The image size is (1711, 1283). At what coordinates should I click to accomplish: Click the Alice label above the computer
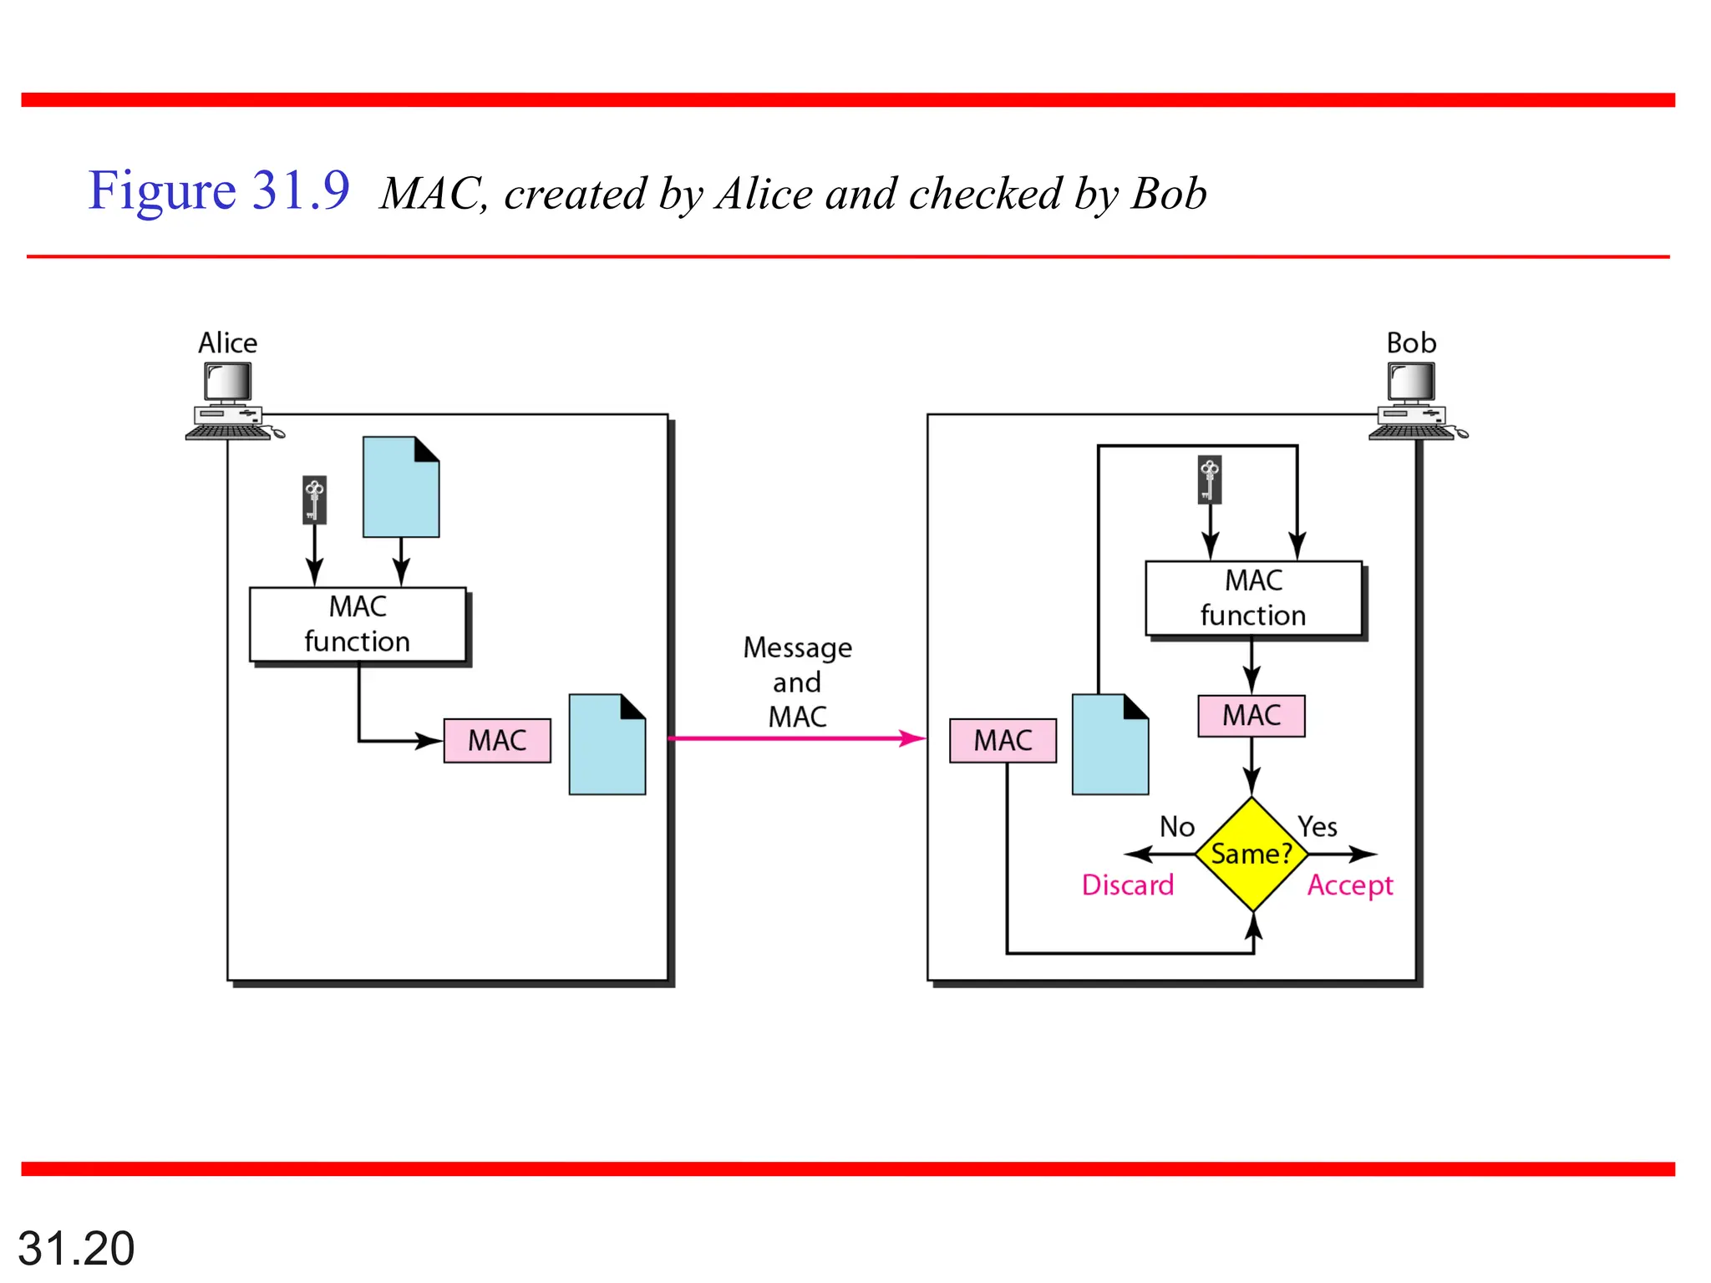pyautogui.click(x=227, y=342)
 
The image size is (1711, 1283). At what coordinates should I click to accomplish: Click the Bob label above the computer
pyautogui.click(x=1411, y=342)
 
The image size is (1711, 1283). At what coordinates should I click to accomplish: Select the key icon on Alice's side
pyautogui.click(x=314, y=500)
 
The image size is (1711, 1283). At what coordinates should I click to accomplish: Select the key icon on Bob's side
pyautogui.click(x=1209, y=479)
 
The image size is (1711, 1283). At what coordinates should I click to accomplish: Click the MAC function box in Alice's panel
pyautogui.click(x=358, y=624)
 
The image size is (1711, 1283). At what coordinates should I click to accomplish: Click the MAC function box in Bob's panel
pyautogui.click(x=1253, y=598)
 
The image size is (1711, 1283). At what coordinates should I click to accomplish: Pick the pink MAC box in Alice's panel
pyautogui.click(x=497, y=740)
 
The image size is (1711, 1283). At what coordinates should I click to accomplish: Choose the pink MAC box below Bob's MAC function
pyautogui.click(x=1251, y=716)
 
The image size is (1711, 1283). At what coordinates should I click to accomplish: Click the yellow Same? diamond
pyautogui.click(x=1252, y=854)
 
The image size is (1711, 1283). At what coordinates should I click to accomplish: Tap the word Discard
pyautogui.click(x=1127, y=885)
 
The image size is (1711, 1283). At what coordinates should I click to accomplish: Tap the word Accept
pyautogui.click(x=1350, y=885)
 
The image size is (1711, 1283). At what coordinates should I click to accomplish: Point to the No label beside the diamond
pyautogui.click(x=1176, y=826)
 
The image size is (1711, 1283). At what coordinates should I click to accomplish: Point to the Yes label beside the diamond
pyautogui.click(x=1318, y=826)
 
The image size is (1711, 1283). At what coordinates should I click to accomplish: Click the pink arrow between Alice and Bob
pyautogui.click(x=794, y=738)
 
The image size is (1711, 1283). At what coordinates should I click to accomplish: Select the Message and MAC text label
pyautogui.click(x=798, y=682)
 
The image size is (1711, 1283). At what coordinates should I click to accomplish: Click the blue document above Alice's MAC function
pyautogui.click(x=401, y=488)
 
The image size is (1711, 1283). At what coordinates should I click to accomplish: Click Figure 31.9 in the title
pyautogui.click(x=219, y=190)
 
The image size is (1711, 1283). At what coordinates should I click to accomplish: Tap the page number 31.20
pyautogui.click(x=76, y=1248)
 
